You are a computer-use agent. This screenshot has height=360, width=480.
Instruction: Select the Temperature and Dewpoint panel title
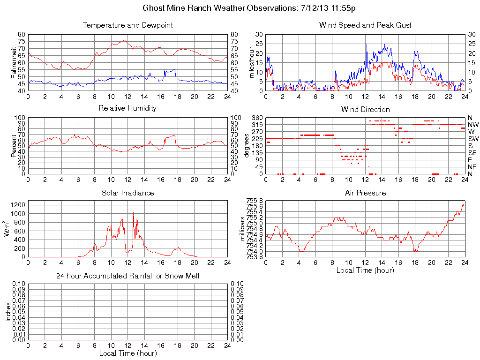tap(127, 25)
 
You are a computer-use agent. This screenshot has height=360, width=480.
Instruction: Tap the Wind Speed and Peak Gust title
tap(365, 25)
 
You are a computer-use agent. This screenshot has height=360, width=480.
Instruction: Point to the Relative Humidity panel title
tap(127, 108)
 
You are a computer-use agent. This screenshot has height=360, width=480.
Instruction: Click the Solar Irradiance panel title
tap(127, 193)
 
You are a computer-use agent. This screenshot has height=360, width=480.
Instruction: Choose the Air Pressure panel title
tap(365, 193)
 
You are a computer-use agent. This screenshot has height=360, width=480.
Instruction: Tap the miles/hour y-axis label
tap(251, 62)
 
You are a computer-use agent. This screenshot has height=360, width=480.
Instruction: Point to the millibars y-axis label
tap(243, 229)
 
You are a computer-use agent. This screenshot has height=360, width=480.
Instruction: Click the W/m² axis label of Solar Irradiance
tap(7, 228)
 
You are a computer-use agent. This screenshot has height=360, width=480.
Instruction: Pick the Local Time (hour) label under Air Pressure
tap(365, 270)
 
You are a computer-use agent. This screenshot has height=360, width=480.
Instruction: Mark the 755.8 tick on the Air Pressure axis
tap(255, 201)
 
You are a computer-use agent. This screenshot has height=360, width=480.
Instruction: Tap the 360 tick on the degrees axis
tap(257, 118)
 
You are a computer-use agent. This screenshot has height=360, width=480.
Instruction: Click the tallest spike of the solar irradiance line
tap(133, 212)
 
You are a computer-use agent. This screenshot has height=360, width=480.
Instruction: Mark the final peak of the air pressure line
tap(463, 204)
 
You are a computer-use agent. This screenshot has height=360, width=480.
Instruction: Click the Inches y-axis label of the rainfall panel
tap(7, 312)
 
